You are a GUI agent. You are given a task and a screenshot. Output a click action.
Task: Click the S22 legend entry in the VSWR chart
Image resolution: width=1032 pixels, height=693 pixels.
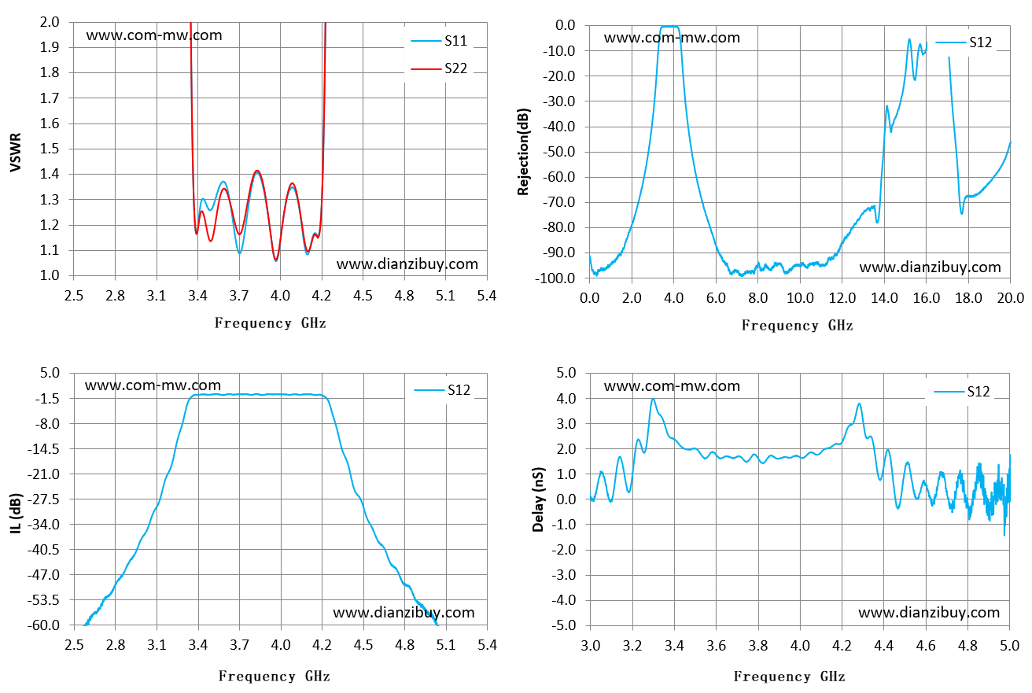439,68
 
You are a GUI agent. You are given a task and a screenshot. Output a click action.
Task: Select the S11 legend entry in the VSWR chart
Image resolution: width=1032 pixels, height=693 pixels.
439,41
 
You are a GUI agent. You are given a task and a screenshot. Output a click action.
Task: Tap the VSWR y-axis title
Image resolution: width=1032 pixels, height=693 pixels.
15,153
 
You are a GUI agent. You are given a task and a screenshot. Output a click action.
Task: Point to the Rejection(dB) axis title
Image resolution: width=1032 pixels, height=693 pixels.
523,152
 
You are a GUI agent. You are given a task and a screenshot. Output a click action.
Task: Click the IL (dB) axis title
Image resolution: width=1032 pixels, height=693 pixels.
15,514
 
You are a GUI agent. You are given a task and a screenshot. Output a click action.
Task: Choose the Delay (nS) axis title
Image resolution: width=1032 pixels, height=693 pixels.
538,500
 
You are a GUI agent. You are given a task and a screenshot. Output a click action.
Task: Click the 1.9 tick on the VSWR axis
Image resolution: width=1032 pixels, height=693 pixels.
50,47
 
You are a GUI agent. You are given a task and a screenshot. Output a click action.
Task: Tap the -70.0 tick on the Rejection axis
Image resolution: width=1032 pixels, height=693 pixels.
559,202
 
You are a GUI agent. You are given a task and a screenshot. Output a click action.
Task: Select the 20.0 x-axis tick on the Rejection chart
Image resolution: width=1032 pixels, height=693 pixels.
1010,298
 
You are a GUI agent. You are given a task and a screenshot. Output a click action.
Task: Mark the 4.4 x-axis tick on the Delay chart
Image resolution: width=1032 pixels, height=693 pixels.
883,646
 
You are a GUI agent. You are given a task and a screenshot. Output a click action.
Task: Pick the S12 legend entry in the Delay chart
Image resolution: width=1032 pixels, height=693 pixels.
962,392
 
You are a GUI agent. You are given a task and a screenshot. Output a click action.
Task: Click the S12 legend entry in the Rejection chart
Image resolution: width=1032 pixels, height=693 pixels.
964,42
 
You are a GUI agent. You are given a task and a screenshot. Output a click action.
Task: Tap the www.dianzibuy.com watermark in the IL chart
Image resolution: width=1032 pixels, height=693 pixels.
404,612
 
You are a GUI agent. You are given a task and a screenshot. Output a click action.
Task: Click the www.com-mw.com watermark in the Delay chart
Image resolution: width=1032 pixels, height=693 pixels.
672,385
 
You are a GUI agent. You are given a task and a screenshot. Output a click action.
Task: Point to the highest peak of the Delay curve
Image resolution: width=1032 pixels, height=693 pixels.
653,399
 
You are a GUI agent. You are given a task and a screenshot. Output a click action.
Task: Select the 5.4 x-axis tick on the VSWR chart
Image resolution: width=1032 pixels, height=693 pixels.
487,296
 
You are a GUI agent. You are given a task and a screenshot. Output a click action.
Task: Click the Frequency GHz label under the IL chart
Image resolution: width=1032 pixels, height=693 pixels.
274,676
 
